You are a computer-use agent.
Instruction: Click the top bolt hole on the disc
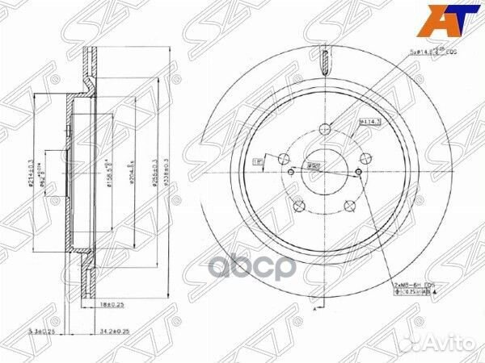(x=325, y=128)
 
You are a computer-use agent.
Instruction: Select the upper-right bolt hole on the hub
(x=365, y=158)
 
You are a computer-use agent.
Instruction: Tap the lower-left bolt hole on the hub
(x=300, y=205)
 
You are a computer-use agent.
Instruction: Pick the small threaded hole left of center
(x=290, y=171)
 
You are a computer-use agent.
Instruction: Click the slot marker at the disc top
(x=325, y=60)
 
